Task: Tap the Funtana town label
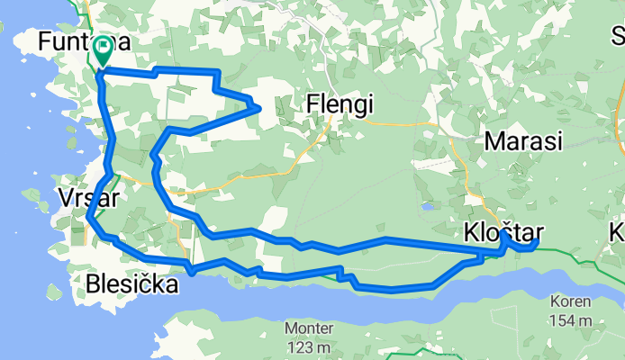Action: [85, 41]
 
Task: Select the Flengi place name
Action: [340, 104]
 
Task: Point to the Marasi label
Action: [522, 140]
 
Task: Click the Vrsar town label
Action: [86, 199]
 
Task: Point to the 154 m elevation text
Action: [574, 320]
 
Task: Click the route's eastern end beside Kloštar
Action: [537, 241]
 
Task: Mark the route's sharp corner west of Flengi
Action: [260, 108]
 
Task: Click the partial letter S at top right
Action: [619, 36]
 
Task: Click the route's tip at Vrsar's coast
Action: [90, 216]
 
